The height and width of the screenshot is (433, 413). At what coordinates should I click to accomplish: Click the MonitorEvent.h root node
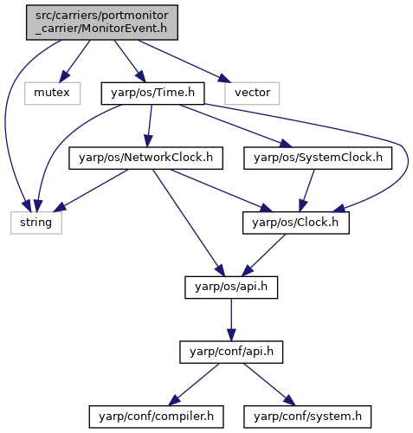pyautogui.click(x=102, y=23)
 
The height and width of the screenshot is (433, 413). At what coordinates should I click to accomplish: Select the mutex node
pyautogui.click(x=52, y=94)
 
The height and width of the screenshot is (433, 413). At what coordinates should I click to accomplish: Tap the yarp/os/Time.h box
pyautogui.click(x=152, y=94)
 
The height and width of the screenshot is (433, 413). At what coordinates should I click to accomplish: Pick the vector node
pyautogui.click(x=252, y=94)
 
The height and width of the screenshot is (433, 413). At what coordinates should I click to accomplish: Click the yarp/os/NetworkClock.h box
pyautogui.click(x=145, y=158)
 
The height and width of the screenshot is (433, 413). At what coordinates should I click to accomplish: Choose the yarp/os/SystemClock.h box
pyautogui.click(x=318, y=158)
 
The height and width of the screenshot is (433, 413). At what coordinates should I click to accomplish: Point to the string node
pyautogui.click(x=36, y=223)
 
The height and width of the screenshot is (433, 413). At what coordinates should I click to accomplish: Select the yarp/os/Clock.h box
pyautogui.click(x=296, y=223)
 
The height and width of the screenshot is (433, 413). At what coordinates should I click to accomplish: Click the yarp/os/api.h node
pyautogui.click(x=231, y=288)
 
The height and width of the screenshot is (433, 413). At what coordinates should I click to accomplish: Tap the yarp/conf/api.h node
pyautogui.click(x=231, y=352)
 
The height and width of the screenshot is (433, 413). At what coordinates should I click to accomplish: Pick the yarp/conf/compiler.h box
pyautogui.click(x=156, y=417)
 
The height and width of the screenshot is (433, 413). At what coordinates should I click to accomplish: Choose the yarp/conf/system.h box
pyautogui.click(x=307, y=417)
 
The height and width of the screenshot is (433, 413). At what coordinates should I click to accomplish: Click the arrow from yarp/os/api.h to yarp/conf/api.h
pyautogui.click(x=231, y=320)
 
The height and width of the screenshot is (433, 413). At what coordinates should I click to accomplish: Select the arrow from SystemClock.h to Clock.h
pyautogui.click(x=307, y=191)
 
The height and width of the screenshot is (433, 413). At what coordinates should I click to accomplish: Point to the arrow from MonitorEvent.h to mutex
pyautogui.click(x=74, y=61)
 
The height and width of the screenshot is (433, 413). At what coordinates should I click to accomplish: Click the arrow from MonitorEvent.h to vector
pyautogui.click(x=184, y=61)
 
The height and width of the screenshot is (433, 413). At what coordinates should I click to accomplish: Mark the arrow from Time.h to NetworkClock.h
pyautogui.click(x=150, y=126)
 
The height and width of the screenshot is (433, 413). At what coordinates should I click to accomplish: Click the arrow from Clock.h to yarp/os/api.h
pyautogui.click(x=263, y=255)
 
